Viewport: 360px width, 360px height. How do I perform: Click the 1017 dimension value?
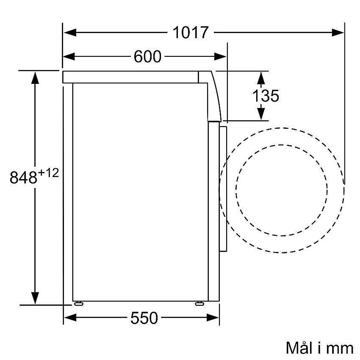[190, 32]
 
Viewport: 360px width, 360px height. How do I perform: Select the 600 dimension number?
[147, 56]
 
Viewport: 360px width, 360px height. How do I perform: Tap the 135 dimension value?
[266, 96]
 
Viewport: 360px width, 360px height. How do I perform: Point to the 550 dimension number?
[144, 318]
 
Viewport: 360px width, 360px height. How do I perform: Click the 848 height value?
[23, 177]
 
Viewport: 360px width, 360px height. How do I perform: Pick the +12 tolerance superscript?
[48, 173]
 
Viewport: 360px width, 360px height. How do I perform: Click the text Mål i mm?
[319, 348]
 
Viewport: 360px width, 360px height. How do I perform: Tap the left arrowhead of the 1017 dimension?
[70, 32]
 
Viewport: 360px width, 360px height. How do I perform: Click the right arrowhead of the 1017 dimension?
[338, 32]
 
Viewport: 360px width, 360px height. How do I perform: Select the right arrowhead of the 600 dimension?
[220, 56]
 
